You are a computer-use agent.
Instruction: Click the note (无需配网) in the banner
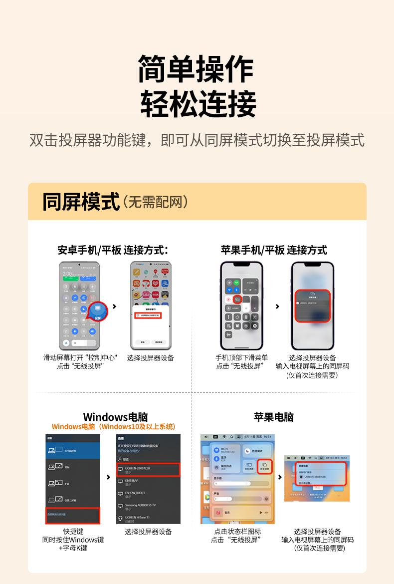point(156,202)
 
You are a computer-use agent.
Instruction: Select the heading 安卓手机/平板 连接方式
point(113,250)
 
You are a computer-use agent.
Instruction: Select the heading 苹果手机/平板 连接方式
point(274,250)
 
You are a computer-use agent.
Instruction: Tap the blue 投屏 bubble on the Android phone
point(97,312)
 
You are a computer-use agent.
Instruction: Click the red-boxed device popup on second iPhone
point(312,305)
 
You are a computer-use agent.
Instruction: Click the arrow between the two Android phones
point(115,306)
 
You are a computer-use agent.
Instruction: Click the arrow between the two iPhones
point(277,306)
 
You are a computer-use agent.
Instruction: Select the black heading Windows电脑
point(115,417)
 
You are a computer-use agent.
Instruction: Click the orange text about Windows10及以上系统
point(114,427)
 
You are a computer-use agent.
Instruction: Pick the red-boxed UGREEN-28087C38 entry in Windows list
point(148,470)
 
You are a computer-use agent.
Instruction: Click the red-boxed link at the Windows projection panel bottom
point(73,515)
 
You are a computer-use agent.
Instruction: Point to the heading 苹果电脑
point(274,417)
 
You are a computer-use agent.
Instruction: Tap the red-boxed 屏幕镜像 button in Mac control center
point(264,466)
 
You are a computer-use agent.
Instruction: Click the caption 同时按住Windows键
point(73,540)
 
